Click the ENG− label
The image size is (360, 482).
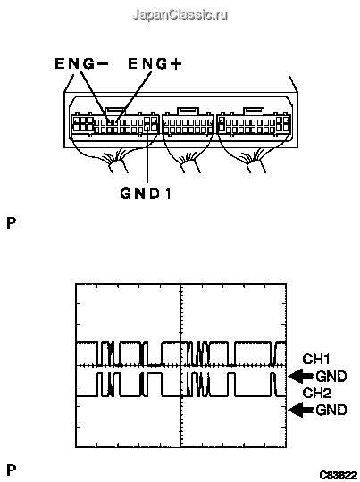pyautogui.click(x=81, y=63)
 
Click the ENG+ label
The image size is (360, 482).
pyautogui.click(x=155, y=63)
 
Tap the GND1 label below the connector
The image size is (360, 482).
pyautogui.click(x=146, y=194)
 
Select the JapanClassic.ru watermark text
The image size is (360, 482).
pyautogui.click(x=180, y=14)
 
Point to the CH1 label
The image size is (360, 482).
pyautogui.click(x=316, y=359)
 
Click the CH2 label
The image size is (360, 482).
pyautogui.click(x=317, y=393)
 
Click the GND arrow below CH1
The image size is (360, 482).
pyautogui.click(x=302, y=377)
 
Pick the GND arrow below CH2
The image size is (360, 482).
pyautogui.click(x=302, y=410)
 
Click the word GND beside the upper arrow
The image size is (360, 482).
pyautogui.click(x=331, y=377)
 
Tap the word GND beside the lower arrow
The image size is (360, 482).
pyautogui.click(x=331, y=410)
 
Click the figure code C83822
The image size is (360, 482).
pyautogui.click(x=338, y=475)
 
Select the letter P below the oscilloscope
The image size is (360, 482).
pyautogui.click(x=11, y=470)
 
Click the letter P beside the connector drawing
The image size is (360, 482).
pyautogui.click(x=11, y=223)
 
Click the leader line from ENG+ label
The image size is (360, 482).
pyautogui.click(x=134, y=96)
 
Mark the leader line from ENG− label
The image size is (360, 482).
pyautogui.click(x=94, y=96)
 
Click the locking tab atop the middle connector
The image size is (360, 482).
pyautogui.click(x=188, y=111)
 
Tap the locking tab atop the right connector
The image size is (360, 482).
pyautogui.click(x=254, y=111)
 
